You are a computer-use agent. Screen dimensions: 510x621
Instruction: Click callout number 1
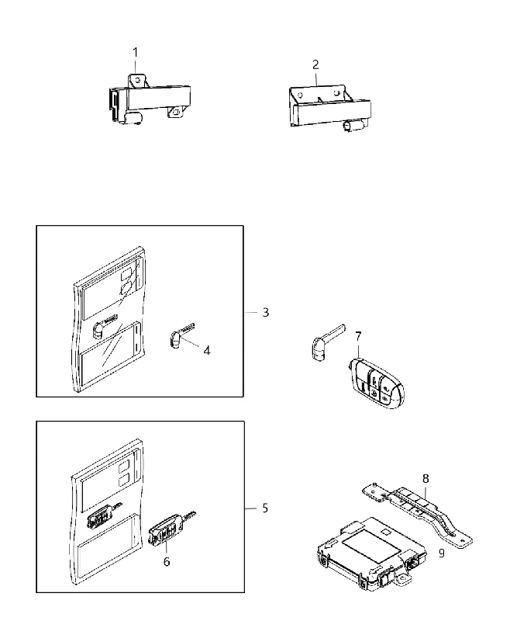(x=136, y=52)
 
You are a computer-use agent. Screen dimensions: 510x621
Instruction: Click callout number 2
(x=315, y=64)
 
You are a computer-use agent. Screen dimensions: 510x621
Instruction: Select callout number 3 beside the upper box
(x=266, y=313)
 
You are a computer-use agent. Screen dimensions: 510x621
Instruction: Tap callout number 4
(x=207, y=351)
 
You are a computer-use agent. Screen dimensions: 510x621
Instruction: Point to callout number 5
(x=265, y=508)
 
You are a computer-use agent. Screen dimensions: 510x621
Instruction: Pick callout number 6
(x=167, y=561)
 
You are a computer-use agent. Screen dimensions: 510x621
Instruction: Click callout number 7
(x=358, y=337)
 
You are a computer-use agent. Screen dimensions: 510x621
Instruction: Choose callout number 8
(x=426, y=479)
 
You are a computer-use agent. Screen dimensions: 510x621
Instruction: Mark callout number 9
(x=442, y=553)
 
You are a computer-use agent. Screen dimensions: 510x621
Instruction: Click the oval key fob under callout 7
(x=376, y=383)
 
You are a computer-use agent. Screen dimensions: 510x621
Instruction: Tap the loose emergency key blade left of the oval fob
(x=326, y=342)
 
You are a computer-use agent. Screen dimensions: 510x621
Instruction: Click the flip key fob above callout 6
(x=171, y=529)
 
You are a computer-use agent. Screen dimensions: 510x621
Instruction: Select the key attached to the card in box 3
(x=105, y=325)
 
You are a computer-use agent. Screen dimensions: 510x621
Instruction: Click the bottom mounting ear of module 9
(x=402, y=579)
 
